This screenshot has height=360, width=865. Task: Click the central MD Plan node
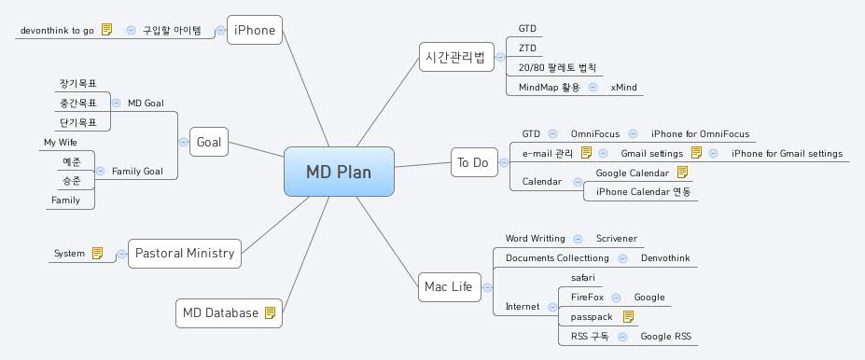pos(339,172)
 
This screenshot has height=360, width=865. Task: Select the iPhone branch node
pos(255,30)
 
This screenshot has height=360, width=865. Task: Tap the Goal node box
pos(209,143)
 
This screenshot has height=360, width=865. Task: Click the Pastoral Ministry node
pos(184,253)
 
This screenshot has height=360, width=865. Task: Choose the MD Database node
pos(220,313)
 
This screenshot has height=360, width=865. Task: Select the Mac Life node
pos(447,286)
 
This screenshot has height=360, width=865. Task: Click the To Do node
pos(472,163)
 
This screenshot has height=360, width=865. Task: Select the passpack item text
pos(590,316)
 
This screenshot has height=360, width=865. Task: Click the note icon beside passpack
pos(629,316)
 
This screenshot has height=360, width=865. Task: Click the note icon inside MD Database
pos(271,313)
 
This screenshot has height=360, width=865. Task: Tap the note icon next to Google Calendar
pos(682,173)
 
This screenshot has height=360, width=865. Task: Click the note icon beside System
pos(97,253)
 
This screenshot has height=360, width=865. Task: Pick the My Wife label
pos(61,142)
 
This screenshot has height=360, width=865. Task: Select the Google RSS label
pos(665,336)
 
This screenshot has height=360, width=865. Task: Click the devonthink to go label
pos(57,30)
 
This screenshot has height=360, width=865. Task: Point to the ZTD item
pos(527,48)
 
